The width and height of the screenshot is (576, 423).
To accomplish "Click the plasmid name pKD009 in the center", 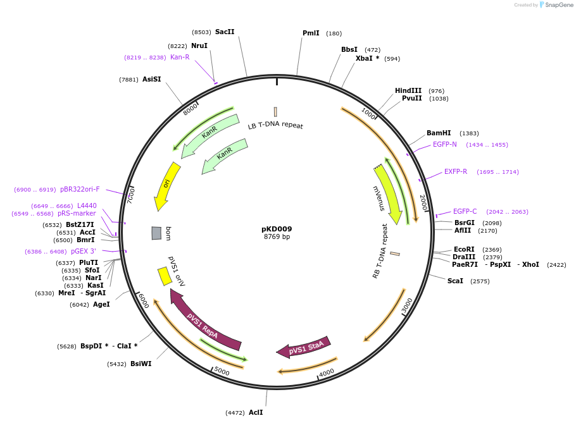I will [277, 229].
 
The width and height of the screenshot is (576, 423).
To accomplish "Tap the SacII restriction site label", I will [225, 32].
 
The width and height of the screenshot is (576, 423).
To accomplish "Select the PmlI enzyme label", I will [311, 33].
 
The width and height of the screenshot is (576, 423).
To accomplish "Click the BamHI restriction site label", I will [439, 133].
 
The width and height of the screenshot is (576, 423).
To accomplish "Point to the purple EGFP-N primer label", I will [445, 144].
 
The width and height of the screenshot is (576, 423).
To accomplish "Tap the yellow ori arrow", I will [166, 185].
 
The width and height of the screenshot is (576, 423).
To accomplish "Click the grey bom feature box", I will [156, 233].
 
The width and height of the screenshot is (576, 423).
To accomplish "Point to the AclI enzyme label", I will [256, 412].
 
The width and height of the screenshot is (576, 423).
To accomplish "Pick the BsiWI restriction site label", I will [141, 364].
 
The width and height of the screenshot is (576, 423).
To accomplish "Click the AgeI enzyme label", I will [101, 304].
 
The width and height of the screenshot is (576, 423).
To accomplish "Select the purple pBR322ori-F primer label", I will [80, 189].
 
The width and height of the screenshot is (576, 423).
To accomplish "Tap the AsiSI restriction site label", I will [152, 79].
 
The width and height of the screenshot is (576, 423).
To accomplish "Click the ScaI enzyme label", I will [455, 281].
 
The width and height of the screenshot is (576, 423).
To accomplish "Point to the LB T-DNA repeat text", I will [275, 125].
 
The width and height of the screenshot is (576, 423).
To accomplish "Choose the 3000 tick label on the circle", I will [408, 305].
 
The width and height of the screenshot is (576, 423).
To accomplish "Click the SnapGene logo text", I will [559, 4].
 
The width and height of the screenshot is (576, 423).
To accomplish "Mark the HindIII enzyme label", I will [408, 90].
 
